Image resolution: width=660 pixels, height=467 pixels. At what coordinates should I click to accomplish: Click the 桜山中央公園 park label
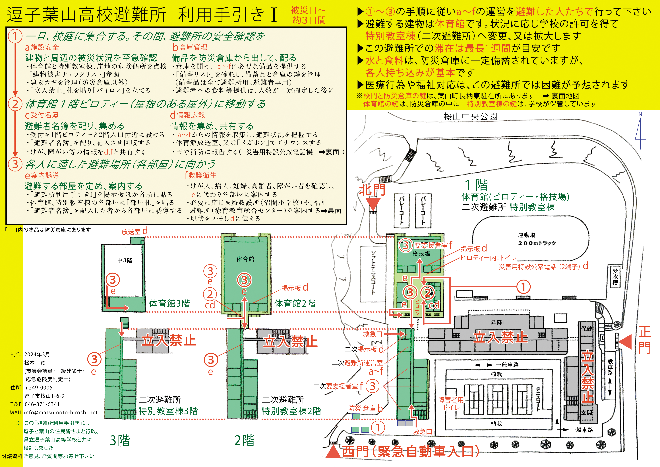(470, 117)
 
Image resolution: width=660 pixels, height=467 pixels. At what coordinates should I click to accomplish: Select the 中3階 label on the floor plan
(125, 260)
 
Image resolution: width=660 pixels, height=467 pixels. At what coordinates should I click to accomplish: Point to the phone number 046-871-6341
(42, 404)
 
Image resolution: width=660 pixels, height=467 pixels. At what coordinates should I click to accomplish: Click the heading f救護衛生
(200, 175)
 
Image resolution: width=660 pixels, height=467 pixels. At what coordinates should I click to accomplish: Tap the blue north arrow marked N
(640, 129)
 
